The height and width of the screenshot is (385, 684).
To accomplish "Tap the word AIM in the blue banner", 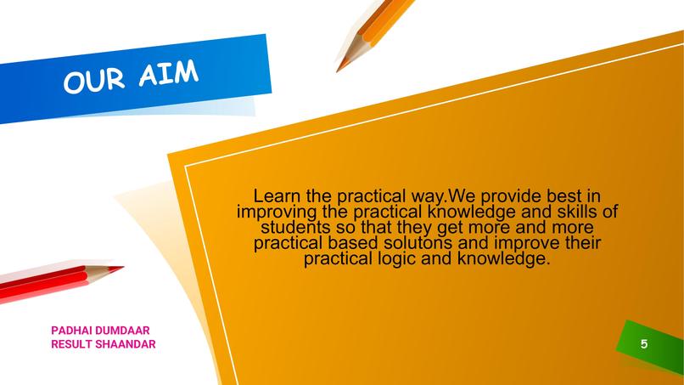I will [169, 74].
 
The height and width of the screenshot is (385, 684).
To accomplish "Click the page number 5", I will [644, 344].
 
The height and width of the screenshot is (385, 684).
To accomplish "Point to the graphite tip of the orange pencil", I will [339, 69].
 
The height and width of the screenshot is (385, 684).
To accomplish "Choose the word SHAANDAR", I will [127, 344].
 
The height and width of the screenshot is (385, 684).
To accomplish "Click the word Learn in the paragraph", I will [278, 195].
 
